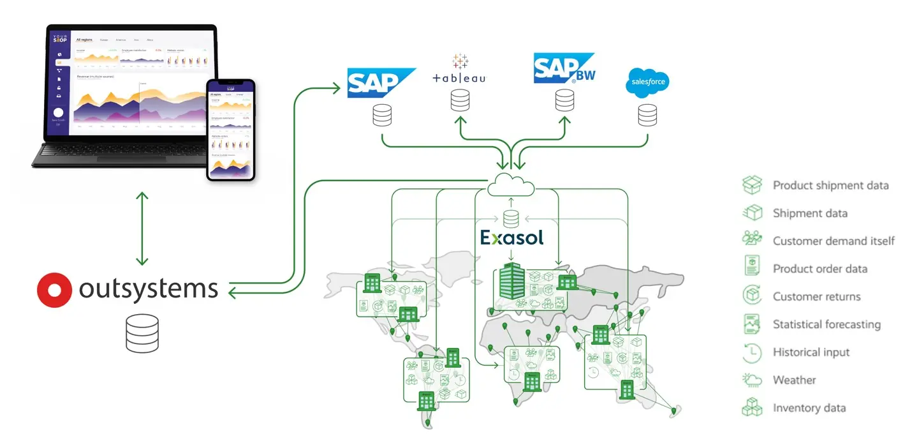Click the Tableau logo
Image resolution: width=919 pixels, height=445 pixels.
point(459,70)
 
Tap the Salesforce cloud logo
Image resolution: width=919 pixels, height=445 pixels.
point(647,83)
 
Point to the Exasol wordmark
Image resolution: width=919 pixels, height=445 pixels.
point(512,238)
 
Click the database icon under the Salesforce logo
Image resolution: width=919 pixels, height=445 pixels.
point(647,115)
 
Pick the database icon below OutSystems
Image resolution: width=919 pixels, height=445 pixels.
point(142,333)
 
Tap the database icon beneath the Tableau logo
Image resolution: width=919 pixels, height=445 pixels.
point(459,100)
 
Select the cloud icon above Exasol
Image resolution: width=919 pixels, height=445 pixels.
point(511,186)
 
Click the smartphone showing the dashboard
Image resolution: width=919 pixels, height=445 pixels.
point(230,130)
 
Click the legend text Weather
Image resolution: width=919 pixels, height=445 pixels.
point(794,380)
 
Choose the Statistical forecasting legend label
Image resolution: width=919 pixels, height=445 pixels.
point(827,324)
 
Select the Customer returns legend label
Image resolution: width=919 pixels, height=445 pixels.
point(816,296)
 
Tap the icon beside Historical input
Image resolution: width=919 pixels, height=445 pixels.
point(753,352)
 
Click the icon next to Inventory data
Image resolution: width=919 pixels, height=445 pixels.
point(753,408)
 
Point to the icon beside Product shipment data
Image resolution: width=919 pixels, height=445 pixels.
point(753,185)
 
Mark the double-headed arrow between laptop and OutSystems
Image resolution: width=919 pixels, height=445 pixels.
point(142,228)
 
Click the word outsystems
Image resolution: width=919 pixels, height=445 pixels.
point(149,289)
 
